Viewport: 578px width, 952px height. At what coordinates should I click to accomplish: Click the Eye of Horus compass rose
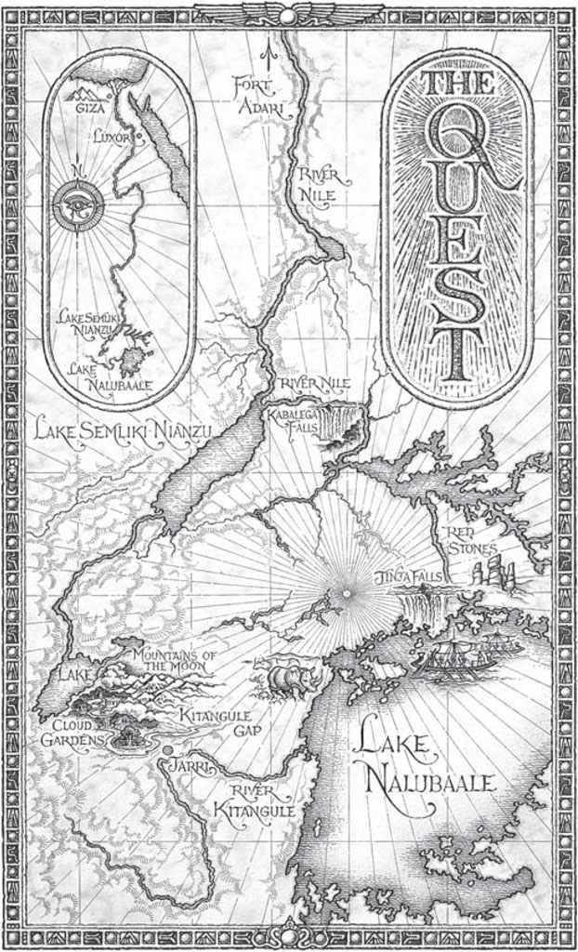[78, 205]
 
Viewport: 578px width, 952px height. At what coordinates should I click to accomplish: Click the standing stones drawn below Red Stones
[493, 573]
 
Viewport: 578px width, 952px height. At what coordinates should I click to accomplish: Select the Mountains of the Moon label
[174, 661]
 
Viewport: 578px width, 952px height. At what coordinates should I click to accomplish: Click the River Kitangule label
[256, 802]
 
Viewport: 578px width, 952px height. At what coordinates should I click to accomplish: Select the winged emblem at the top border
[288, 13]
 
